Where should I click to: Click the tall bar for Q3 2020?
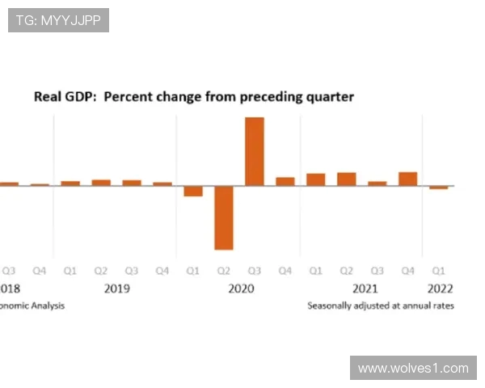coord(254,151)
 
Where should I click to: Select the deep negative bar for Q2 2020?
coord(224,217)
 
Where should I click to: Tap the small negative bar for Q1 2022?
coord(438,188)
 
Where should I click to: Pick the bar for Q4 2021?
coord(407,179)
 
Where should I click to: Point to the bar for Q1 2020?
coord(193,192)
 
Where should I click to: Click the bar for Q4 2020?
coord(285,181)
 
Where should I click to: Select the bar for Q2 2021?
coord(347,179)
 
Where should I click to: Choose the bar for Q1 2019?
coord(70,183)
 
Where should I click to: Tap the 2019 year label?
coord(116,289)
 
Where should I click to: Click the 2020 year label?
coord(241,289)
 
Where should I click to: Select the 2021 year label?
coord(365,289)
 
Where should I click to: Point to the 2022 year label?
coord(441,289)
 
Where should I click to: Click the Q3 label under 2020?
coord(255,271)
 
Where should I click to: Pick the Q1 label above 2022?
coord(438,271)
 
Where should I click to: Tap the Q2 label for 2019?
coord(101,271)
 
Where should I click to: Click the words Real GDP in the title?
coord(64,97)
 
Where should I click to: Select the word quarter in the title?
coord(327,97)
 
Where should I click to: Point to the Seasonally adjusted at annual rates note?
coord(380,306)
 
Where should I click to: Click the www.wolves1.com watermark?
coord(413,368)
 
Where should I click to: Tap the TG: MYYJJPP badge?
coord(58,20)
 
